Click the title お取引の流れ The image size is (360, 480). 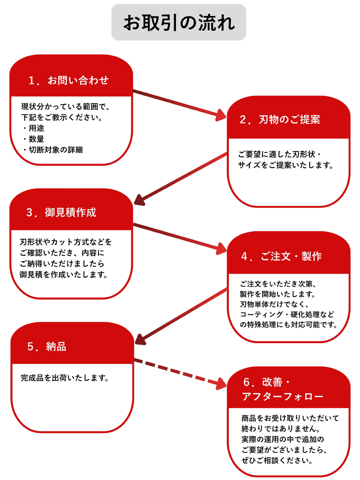pyautogui.click(x=179, y=23)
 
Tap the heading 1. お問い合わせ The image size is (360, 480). pyautogui.click(x=68, y=80)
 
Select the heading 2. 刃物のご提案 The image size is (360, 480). pyautogui.click(x=280, y=120)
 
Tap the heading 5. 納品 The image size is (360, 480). pyautogui.click(x=47, y=346)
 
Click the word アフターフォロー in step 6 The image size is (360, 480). pyautogui.click(x=282, y=397)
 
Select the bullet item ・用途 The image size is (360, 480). pyautogui.click(x=34, y=128)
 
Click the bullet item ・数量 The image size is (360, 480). pyautogui.click(x=34, y=139)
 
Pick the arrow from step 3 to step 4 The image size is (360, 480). pyautogui.click(x=180, y=238)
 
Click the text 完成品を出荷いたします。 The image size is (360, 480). pyautogui.click(x=65, y=378)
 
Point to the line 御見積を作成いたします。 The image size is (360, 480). pyautogui.click(x=64, y=275)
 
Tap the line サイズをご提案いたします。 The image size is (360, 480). pyautogui.click(x=286, y=165)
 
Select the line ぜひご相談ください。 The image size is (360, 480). pyautogui.click(x=277, y=460)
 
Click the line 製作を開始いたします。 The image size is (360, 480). pyautogui.click(x=278, y=294)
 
